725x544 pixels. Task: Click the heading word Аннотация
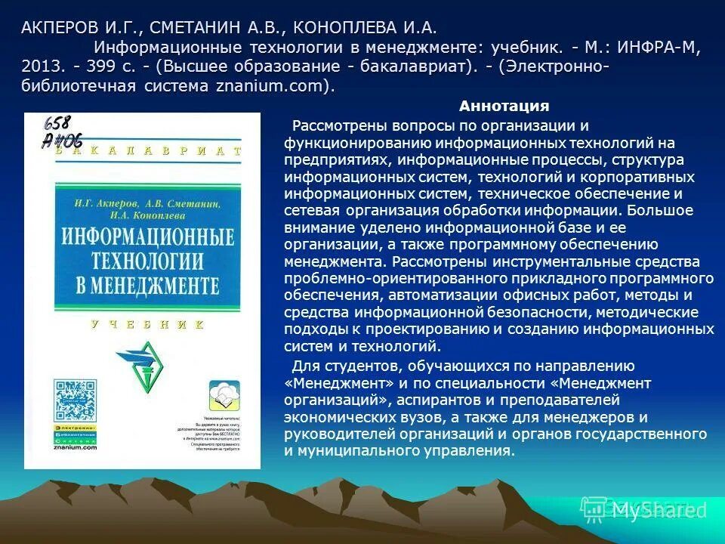tap(504, 106)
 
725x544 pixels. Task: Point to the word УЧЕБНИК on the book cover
tap(148, 324)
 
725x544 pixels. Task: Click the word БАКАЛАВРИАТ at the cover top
tap(149, 150)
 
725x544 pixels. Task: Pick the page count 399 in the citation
tap(102, 66)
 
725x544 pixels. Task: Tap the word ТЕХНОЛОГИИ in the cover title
tap(147, 260)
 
